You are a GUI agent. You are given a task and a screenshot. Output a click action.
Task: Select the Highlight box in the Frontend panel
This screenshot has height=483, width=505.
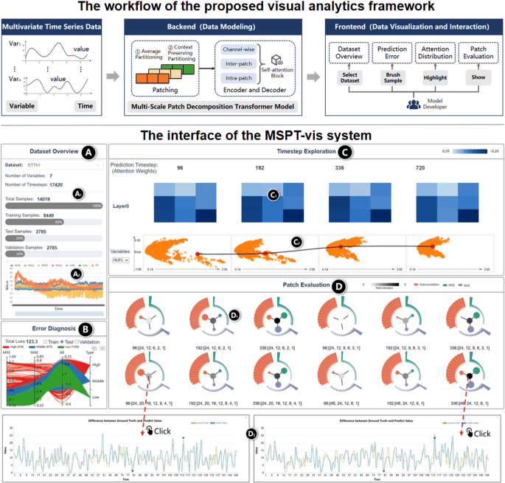coord(431,77)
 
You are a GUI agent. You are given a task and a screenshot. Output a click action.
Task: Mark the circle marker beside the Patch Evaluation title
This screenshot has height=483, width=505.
coord(338,285)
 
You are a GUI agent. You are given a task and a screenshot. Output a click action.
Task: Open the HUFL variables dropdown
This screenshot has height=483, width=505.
coord(121,260)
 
